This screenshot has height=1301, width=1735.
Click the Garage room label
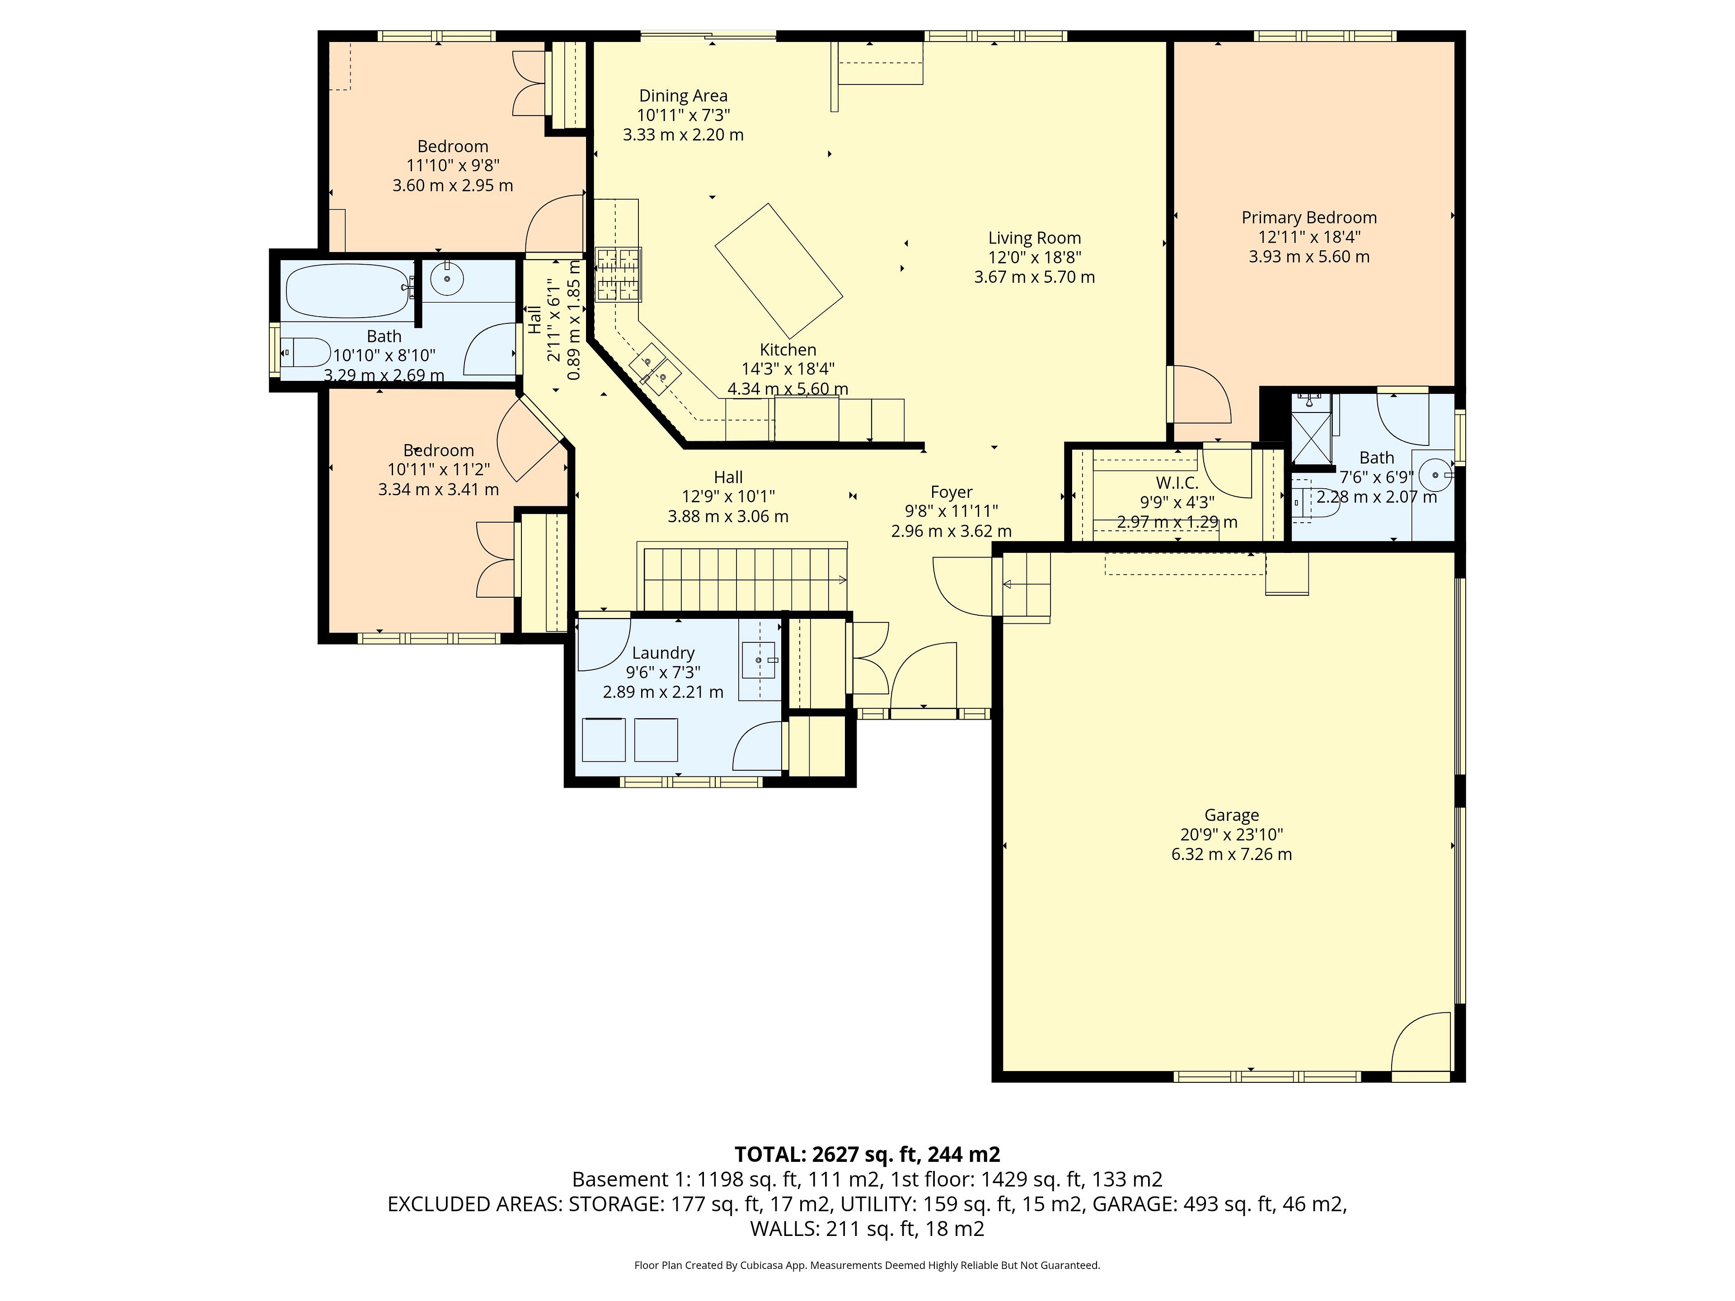pyautogui.click(x=1231, y=815)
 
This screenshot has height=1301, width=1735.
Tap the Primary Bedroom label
pyautogui.click(x=1309, y=218)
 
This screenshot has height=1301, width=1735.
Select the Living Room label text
pyautogui.click(x=1035, y=239)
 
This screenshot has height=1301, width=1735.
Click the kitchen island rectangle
pyautogui.click(x=779, y=271)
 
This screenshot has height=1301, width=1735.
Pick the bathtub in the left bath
pyautogui.click(x=349, y=290)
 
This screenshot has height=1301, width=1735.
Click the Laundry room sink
pyautogui.click(x=759, y=660)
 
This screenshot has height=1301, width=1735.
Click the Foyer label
pyautogui.click(x=952, y=492)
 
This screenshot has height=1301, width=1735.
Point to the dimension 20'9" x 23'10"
pyautogui.click(x=1231, y=835)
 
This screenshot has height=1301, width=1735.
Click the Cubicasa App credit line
pyautogui.click(x=867, y=1265)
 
